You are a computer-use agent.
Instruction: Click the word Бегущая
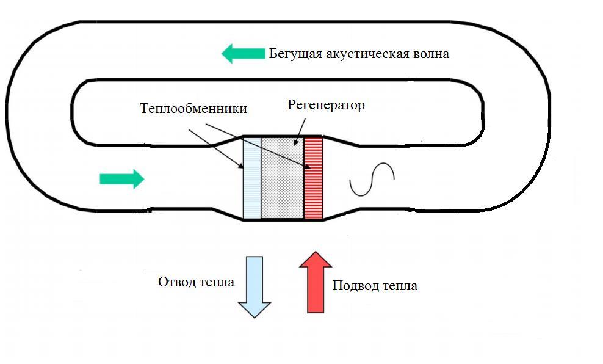coord(295,54)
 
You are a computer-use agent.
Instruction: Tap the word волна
coord(431,54)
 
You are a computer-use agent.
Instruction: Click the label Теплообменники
coord(193,108)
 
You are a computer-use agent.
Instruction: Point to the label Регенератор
coord(326,104)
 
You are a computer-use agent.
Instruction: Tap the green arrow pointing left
coord(244,54)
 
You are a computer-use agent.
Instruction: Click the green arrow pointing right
coord(122,179)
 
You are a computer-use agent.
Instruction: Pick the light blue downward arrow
coord(255,286)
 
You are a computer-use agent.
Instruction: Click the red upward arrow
coord(316,282)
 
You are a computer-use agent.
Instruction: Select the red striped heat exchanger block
coord(313,178)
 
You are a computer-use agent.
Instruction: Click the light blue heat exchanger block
coord(252,178)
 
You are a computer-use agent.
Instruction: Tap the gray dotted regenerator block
coord(282,178)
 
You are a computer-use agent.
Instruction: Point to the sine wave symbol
coord(372,180)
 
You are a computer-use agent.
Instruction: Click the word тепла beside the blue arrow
coord(217,282)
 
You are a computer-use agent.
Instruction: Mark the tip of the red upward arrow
coord(316,252)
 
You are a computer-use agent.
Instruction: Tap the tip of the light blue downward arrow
coord(255,318)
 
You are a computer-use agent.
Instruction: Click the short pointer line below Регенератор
coord(300,131)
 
